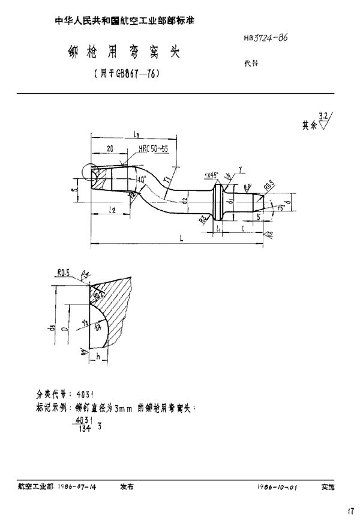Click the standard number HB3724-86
click(265, 37)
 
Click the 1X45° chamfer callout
click(211, 175)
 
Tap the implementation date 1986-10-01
click(277, 488)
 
